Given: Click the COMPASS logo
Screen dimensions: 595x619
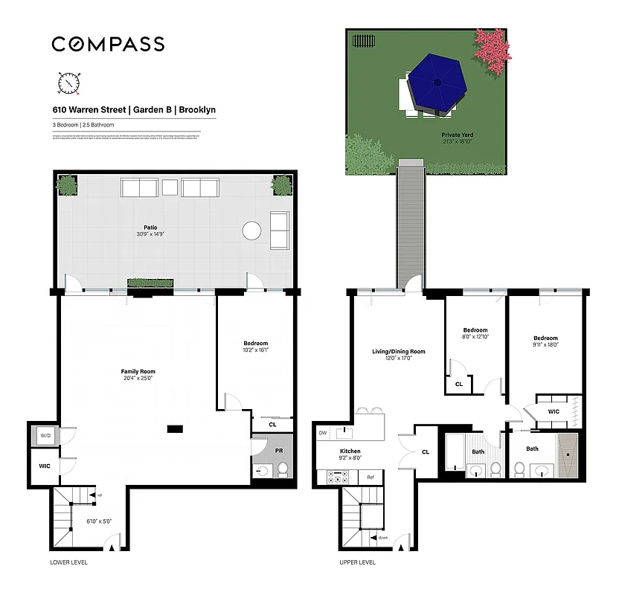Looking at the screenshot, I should coord(108,44).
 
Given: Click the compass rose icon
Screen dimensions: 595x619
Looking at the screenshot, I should coord(68,83).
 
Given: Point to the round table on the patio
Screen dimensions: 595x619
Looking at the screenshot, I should coord(252,231).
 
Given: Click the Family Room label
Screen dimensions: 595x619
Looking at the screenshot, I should coord(138,371).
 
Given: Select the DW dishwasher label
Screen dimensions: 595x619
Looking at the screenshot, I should coord(322,432).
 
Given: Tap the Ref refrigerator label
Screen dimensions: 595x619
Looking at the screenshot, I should coord(370,477).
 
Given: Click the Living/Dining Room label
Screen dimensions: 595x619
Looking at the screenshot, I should coord(399,351).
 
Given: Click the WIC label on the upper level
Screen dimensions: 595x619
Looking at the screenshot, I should coord(554,411).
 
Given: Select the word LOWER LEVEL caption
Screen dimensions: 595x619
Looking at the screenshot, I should coord(68,562).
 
